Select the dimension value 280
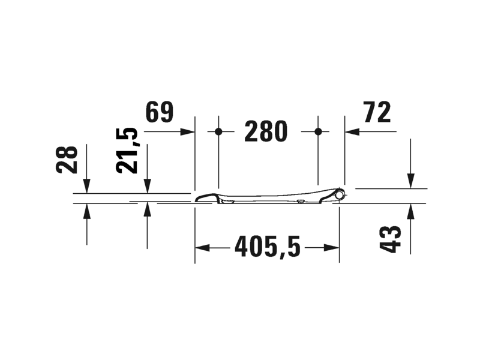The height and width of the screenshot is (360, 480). click(x=266, y=131)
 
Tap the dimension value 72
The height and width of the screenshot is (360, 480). click(x=377, y=112)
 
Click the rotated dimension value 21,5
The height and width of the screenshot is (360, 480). click(x=127, y=151)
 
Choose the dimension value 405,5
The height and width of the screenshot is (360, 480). click(x=268, y=246)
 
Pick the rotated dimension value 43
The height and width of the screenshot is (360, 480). click(x=391, y=239)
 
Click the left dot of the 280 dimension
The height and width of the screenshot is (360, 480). click(x=218, y=131)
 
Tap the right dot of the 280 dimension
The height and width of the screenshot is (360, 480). click(x=319, y=131)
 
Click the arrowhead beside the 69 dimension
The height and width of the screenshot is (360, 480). click(x=187, y=131)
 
